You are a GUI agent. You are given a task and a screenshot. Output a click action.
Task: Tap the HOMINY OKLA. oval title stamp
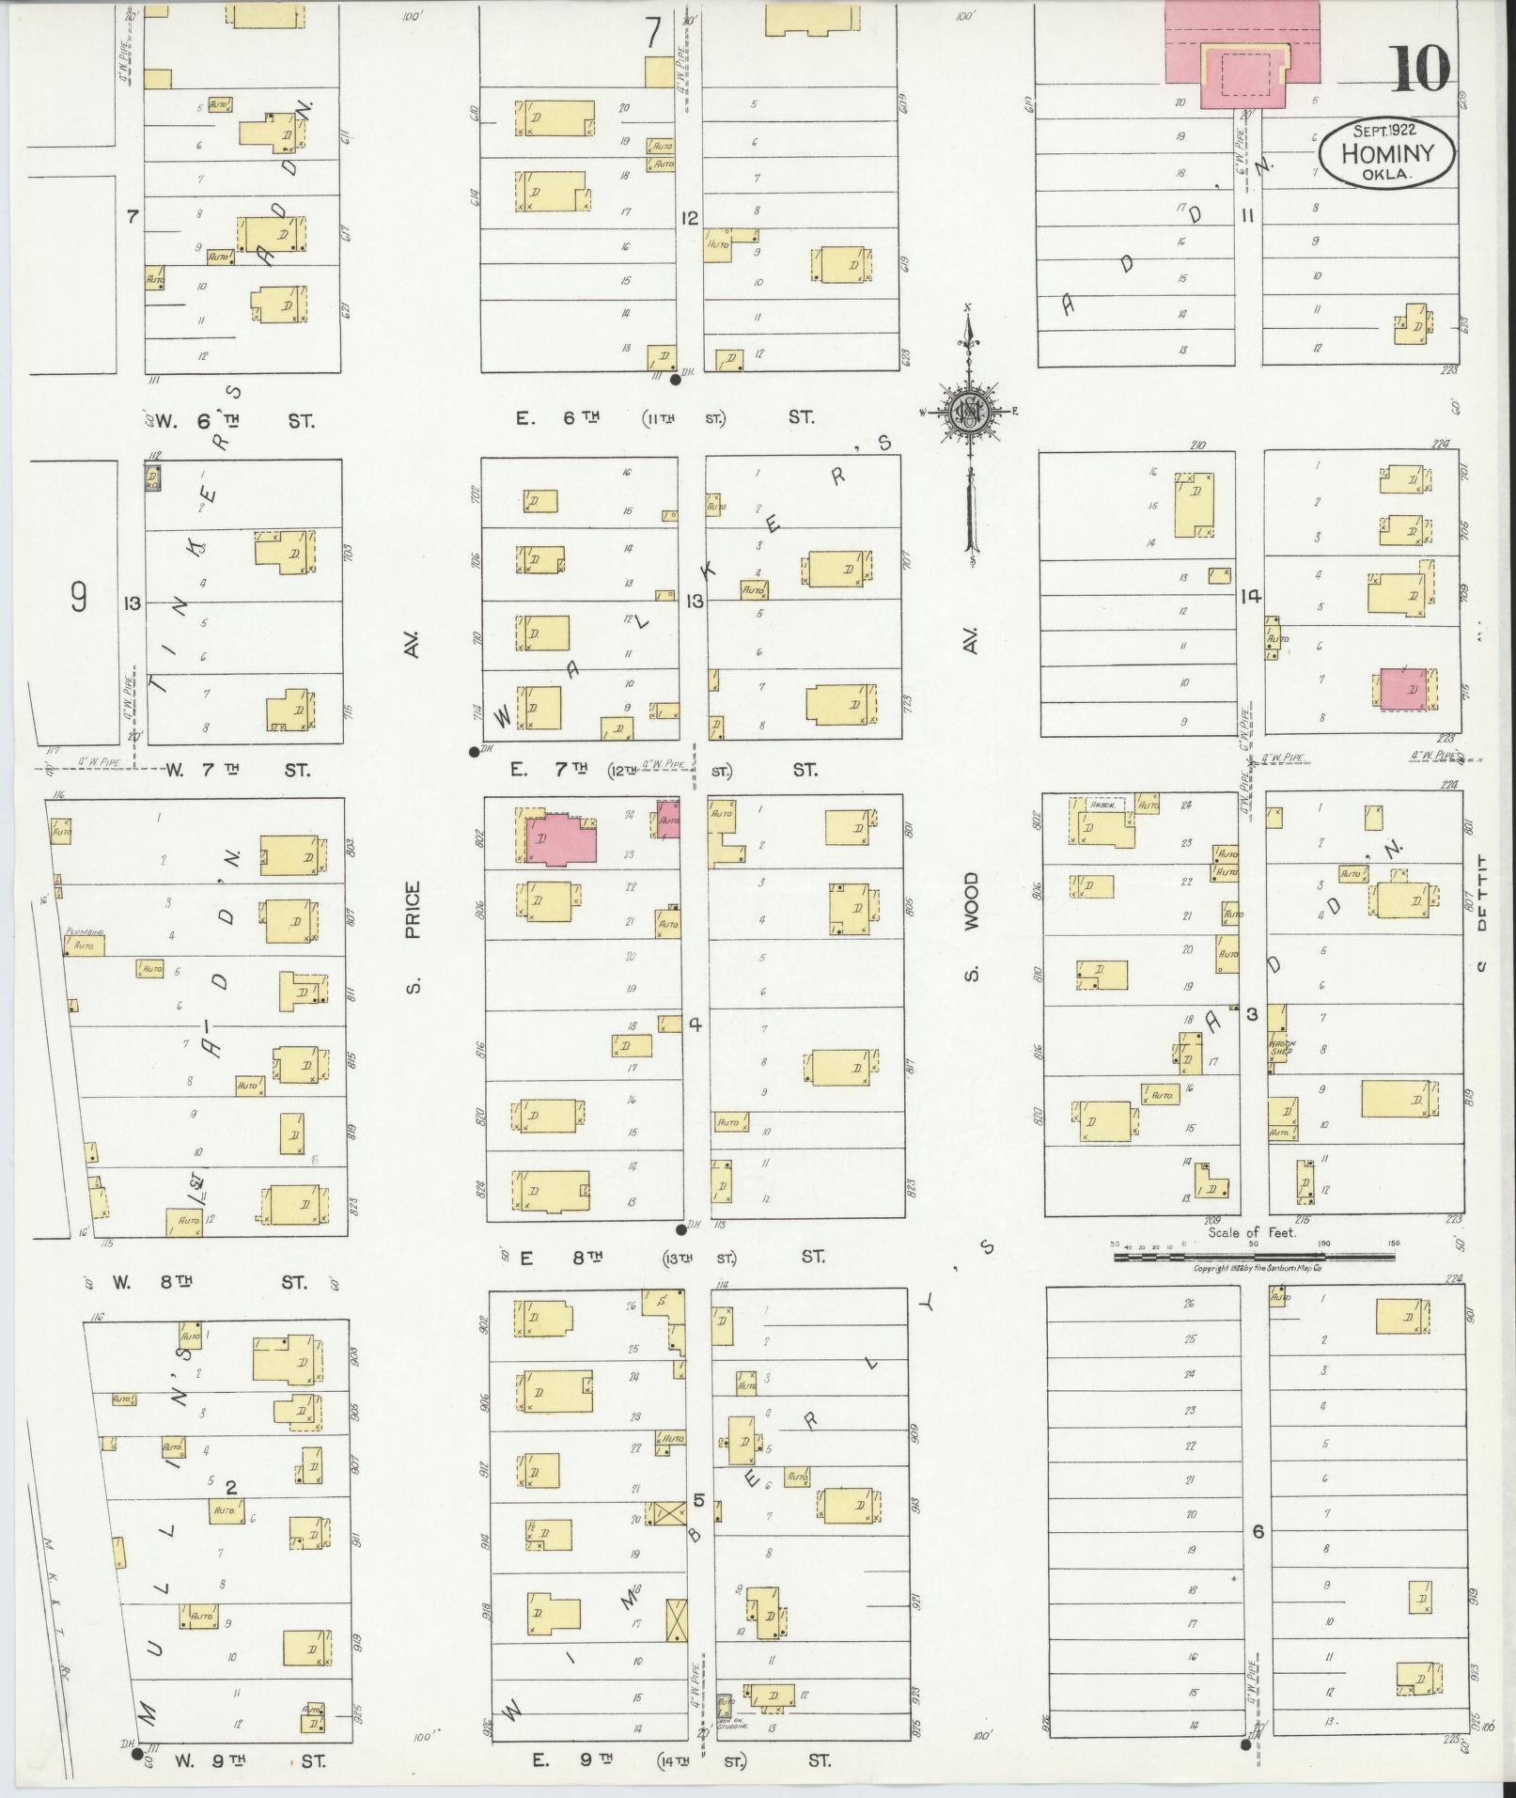pos(1386,152)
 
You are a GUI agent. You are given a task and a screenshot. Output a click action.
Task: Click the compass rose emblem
pos(968,411)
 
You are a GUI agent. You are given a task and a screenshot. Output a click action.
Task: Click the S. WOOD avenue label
pos(971,928)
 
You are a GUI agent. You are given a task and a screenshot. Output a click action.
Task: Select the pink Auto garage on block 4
pos(668,820)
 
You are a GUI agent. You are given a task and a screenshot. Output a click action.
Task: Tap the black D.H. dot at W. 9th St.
pos(137,1753)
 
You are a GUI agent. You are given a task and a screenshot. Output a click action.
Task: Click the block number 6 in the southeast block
pos(1258,1532)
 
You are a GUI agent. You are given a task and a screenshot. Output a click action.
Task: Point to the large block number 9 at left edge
pos(78,598)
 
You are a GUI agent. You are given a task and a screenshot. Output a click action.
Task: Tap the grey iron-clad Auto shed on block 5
pos(725,1702)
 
